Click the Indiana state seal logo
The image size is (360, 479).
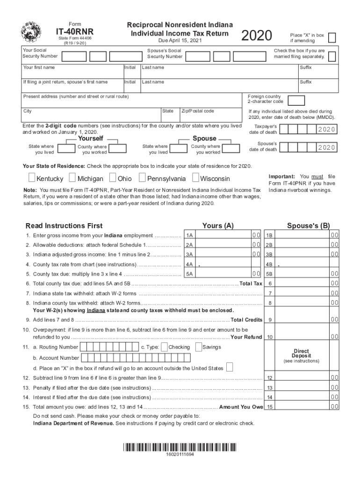[31, 32]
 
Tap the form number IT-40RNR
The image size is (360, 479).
[74, 31]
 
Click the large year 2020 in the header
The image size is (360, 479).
[257, 36]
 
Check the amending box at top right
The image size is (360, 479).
[332, 38]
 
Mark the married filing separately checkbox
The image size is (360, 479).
[332, 57]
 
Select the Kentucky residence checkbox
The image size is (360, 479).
[31, 178]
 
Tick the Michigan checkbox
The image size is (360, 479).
[72, 178]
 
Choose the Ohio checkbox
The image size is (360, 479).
[113, 178]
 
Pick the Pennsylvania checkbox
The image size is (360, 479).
[142, 178]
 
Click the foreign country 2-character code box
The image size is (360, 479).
[297, 101]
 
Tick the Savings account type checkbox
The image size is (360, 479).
[198, 347]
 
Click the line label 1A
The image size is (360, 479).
[189, 235]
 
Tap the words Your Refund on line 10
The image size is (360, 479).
[246, 337]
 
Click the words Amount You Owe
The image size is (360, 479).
[241, 406]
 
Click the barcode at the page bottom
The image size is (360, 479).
[180, 447]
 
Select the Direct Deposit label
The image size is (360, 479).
[302, 354]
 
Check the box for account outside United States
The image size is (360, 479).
[230, 367]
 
